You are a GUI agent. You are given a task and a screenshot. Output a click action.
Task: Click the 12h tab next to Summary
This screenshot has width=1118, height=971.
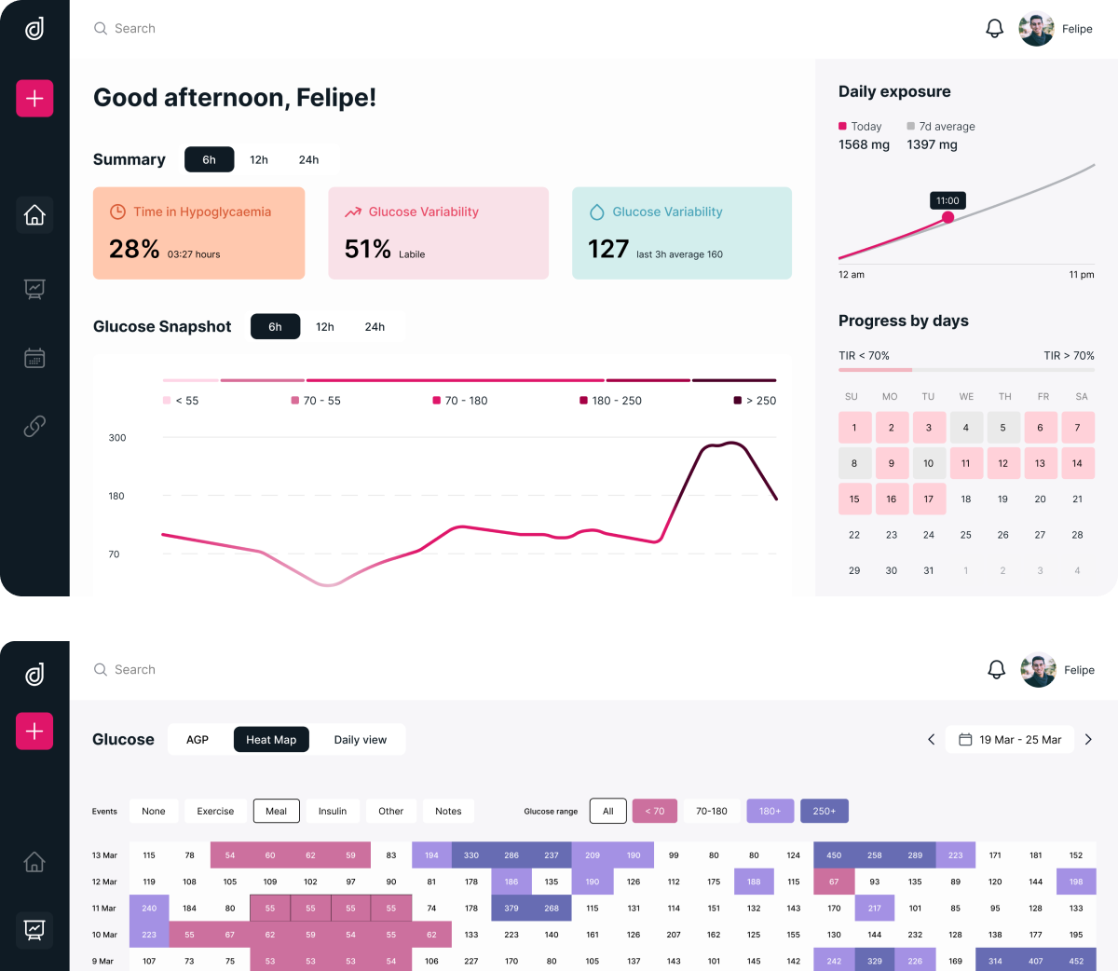258,159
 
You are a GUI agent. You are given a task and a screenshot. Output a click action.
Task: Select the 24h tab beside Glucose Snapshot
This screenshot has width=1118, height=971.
375,327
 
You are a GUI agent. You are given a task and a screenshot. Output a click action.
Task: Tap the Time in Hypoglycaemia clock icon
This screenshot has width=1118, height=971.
117,212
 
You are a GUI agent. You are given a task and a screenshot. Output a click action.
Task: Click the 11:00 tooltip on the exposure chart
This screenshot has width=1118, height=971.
948,200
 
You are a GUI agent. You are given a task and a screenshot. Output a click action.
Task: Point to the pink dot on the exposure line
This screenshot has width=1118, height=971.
948,217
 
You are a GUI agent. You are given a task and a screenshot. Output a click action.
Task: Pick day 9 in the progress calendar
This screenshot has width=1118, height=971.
892,463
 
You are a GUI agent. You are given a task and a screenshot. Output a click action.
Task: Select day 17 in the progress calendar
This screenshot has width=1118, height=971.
928,499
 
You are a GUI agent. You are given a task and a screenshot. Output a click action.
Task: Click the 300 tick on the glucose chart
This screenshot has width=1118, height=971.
117,438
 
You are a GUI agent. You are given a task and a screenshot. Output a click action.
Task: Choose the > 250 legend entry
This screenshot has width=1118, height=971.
755,401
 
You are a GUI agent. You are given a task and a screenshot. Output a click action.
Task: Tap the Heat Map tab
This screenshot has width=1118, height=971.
271,739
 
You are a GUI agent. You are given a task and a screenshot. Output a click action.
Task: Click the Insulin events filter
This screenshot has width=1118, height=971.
333,811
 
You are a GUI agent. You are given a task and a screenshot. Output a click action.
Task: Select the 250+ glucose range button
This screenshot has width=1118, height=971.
824,811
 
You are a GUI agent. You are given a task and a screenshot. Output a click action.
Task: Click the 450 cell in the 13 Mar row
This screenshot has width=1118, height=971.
834,855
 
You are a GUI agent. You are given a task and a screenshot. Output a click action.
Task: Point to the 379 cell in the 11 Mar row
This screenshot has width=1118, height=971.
511,909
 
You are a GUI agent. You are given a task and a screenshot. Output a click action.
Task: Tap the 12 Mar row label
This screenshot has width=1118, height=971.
104,882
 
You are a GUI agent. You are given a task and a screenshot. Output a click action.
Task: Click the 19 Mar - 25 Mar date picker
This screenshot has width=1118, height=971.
1010,739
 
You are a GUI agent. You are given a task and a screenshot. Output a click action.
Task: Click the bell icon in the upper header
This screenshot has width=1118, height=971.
994,28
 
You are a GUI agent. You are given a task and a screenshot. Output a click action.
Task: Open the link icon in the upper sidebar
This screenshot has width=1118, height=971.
34,426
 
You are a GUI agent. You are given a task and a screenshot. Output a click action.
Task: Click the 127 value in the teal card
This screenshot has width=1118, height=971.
608,249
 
